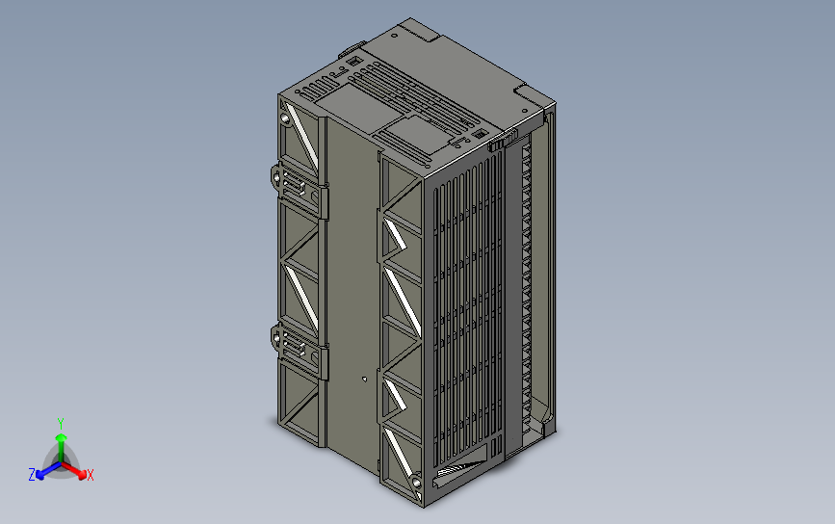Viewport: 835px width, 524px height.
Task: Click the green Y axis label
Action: pyautogui.click(x=60, y=423)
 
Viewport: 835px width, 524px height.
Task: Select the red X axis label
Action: pyautogui.click(x=90, y=475)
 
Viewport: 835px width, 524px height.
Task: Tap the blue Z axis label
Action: pyautogui.click(x=32, y=475)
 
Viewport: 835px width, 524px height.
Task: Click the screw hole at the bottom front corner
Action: pyautogui.click(x=415, y=482)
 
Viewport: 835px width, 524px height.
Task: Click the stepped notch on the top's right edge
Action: pyautogui.click(x=528, y=93)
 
